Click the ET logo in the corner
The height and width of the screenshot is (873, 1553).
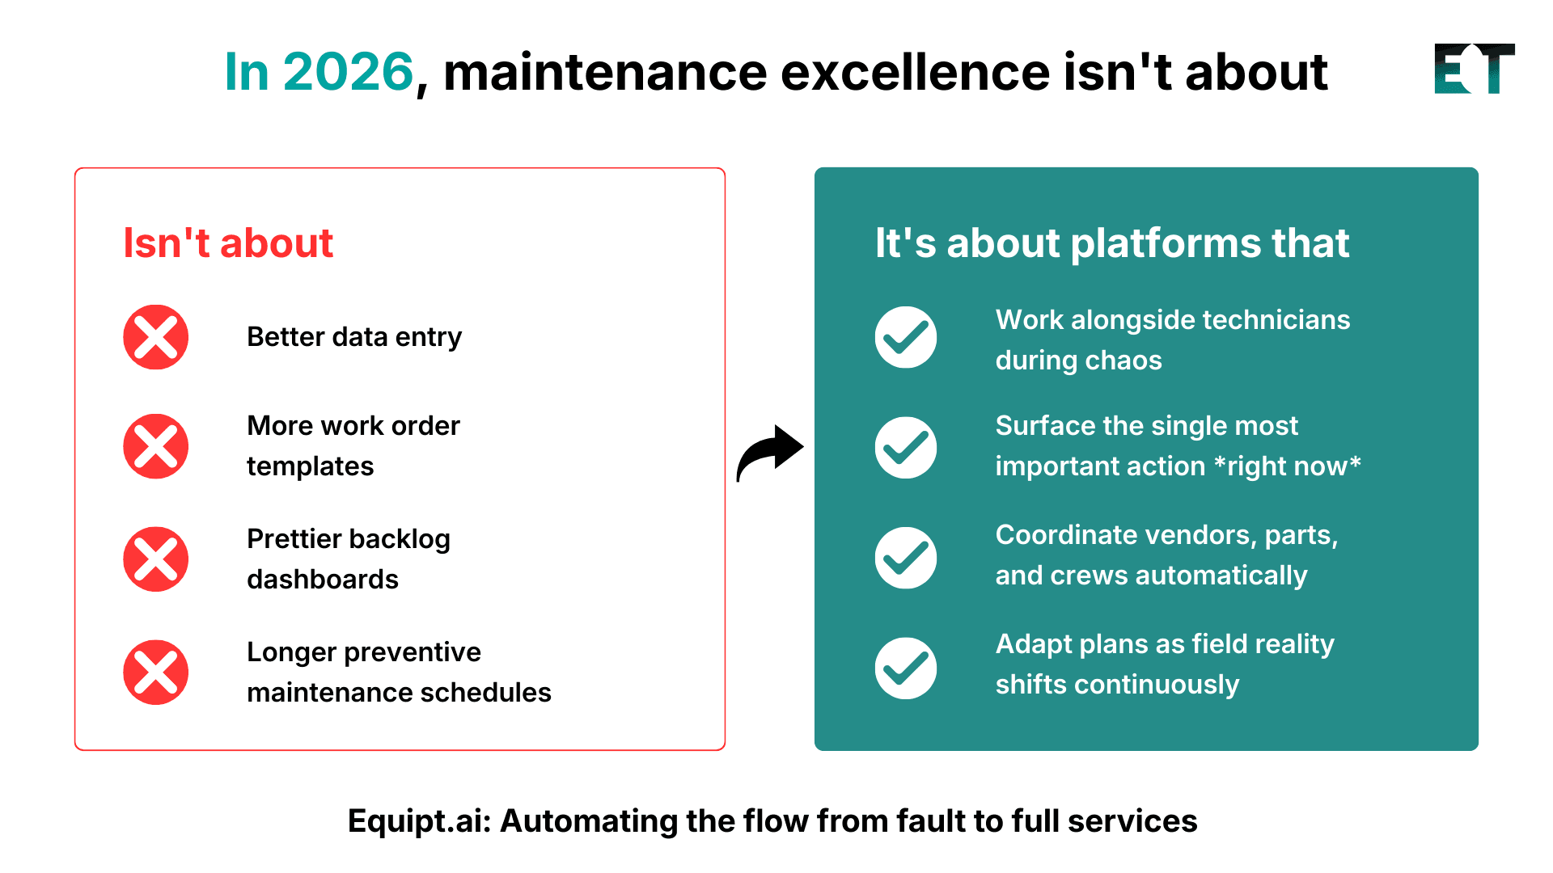[x=1474, y=69]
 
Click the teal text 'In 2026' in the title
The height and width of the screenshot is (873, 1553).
[x=319, y=72]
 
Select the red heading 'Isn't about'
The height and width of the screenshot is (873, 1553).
[x=228, y=242]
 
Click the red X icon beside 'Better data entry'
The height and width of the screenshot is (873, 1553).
[x=156, y=337]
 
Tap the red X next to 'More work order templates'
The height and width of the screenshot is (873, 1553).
[x=156, y=446]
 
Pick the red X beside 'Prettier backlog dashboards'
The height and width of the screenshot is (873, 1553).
[x=156, y=559]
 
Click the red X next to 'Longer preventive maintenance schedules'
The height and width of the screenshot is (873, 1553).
[x=156, y=673]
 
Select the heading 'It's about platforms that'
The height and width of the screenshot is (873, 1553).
[x=1112, y=242]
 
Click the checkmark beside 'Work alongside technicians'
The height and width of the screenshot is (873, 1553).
[x=906, y=337]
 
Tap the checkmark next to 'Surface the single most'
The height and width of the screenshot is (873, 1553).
[x=906, y=447]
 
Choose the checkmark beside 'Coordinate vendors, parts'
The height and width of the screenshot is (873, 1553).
[x=906, y=558]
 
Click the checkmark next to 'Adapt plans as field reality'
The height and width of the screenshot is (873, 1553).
[x=906, y=668]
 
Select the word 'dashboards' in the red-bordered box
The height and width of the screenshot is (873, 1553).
[x=323, y=580]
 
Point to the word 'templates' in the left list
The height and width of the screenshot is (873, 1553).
[x=310, y=466]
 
